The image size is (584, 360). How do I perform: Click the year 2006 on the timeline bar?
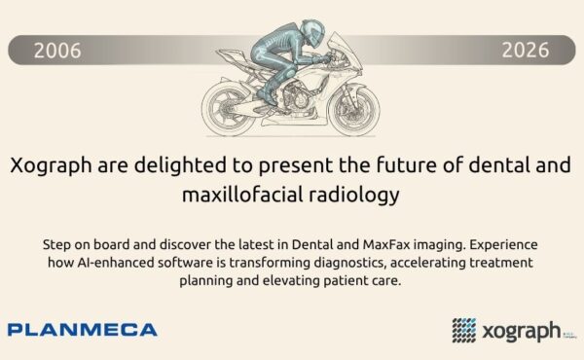point(57,51)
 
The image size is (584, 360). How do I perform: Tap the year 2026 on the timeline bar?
point(526,50)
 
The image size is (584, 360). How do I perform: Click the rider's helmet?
point(312,33)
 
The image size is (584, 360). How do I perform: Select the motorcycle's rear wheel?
point(227,109)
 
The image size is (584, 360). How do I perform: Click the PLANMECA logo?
point(83,330)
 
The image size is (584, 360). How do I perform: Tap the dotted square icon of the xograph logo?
point(464,330)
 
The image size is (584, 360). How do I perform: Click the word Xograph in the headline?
point(51,165)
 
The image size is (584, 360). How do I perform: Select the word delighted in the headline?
point(180,165)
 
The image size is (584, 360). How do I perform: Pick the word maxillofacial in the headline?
point(242,195)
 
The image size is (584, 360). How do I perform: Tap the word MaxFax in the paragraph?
point(385,245)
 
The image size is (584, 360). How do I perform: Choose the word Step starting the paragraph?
point(55,245)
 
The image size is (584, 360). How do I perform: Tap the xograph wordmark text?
point(521,331)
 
